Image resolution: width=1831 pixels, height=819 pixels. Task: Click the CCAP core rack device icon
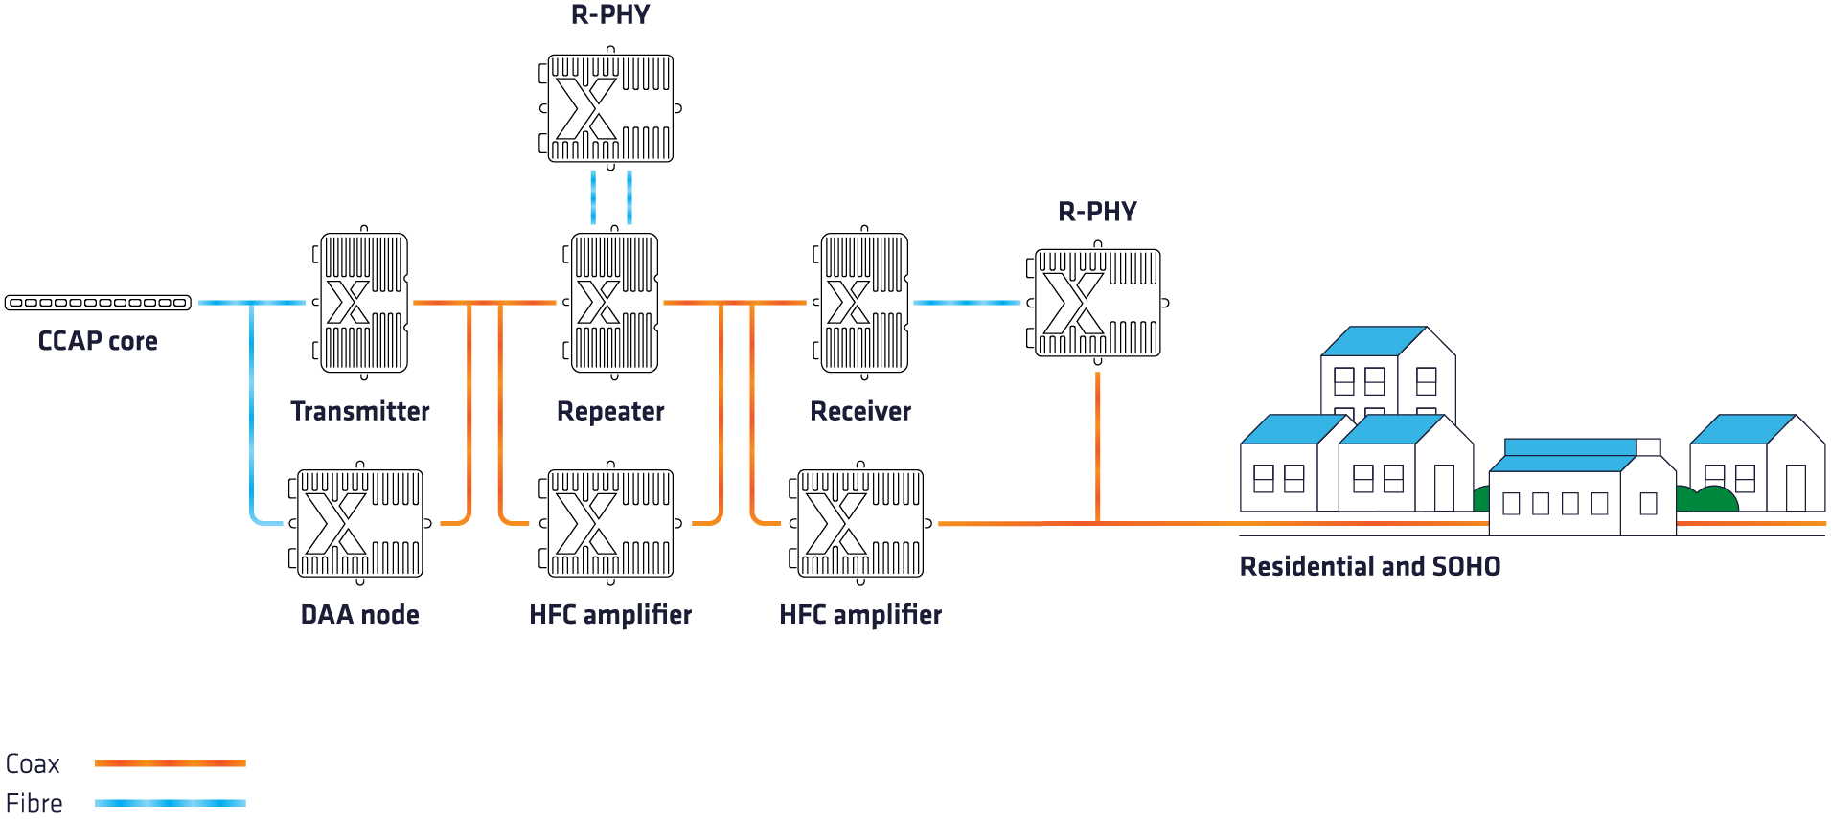click(x=98, y=303)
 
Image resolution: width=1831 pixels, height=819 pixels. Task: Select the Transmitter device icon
click(x=362, y=303)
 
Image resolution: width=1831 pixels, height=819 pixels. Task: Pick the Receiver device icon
click(x=863, y=303)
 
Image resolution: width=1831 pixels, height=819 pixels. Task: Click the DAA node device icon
click(x=359, y=523)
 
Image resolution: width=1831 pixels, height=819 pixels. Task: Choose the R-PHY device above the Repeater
click(x=610, y=108)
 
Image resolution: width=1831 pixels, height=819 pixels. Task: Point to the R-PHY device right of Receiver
click(x=1097, y=303)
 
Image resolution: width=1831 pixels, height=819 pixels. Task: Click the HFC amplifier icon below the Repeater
click(x=610, y=523)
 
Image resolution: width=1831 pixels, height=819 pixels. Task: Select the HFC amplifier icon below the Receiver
click(x=860, y=523)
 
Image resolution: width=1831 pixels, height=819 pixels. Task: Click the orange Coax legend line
click(x=171, y=763)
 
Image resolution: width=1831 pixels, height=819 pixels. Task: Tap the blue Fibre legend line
click(x=171, y=803)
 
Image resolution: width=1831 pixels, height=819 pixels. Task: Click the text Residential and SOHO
click(x=1370, y=566)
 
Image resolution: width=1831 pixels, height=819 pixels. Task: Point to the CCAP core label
click(x=98, y=341)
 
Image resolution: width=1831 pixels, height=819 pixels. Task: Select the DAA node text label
click(x=360, y=614)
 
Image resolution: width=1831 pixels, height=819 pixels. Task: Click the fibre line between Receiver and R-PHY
click(x=968, y=303)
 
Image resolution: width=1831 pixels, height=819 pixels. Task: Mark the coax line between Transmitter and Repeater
click(x=485, y=303)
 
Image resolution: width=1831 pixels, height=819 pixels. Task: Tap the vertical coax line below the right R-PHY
click(x=1097, y=447)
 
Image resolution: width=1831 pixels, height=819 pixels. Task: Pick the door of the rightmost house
click(x=1797, y=488)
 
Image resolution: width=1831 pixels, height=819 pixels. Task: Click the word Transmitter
click(x=360, y=411)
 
